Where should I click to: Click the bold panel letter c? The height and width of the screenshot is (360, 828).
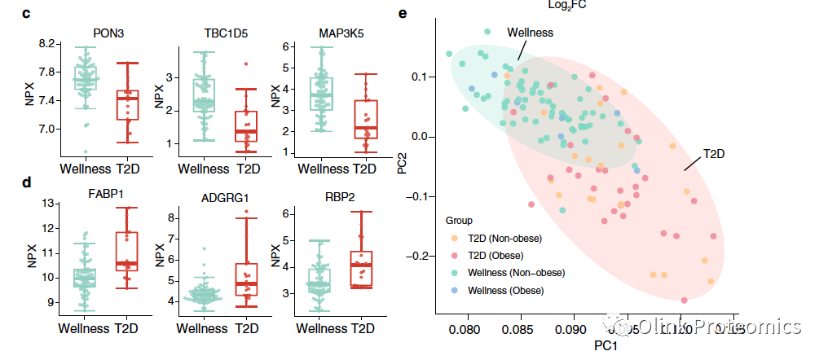point(27,14)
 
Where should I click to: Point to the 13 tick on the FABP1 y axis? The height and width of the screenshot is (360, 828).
point(47,204)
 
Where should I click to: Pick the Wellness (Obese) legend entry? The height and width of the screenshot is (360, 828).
point(509,289)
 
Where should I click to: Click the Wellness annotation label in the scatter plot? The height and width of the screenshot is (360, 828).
point(531,33)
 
